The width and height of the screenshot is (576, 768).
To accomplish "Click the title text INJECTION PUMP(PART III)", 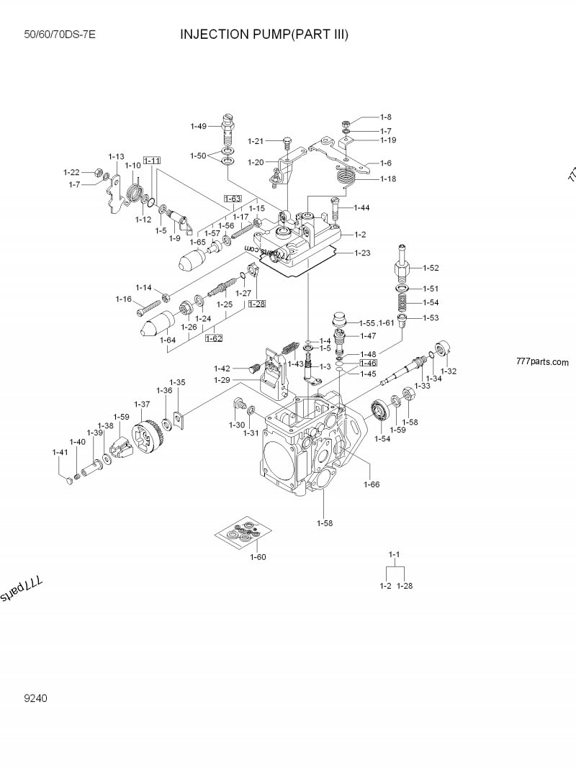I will [264, 34].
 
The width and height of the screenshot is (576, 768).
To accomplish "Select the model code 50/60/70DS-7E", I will [60, 35].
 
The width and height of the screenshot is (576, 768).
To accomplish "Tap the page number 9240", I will [36, 697].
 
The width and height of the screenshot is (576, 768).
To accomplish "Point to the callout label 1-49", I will [198, 126].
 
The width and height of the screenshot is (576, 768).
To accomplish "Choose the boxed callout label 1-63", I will [232, 199].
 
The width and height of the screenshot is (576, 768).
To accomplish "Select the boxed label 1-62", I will [214, 337].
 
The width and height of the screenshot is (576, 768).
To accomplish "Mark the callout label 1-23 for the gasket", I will [362, 253].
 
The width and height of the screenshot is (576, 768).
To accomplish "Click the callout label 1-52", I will [430, 268].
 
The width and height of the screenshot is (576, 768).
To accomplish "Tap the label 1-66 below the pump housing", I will [371, 484].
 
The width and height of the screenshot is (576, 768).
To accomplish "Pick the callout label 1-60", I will [258, 556].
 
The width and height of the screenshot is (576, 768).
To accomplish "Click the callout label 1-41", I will [60, 452].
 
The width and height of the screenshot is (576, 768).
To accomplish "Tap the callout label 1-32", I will [449, 371].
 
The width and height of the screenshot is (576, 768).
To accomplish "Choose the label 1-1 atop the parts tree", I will [394, 554].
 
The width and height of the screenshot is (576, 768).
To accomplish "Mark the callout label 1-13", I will [116, 156].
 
